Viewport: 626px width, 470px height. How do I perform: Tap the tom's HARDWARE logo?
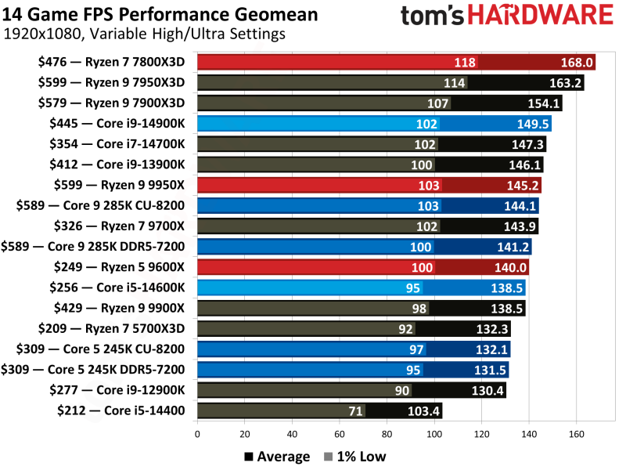click(506, 17)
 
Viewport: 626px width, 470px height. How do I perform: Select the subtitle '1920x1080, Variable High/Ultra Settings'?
click(144, 34)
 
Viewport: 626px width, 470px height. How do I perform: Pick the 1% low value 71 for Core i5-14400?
click(354, 410)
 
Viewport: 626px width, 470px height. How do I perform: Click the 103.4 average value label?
click(423, 410)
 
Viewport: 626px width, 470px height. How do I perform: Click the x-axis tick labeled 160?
click(577, 432)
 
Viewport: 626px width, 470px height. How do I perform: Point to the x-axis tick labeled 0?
click(197, 432)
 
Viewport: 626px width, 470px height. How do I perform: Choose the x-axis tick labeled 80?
click(387, 432)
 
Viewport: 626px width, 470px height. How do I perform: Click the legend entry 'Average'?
click(277, 456)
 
